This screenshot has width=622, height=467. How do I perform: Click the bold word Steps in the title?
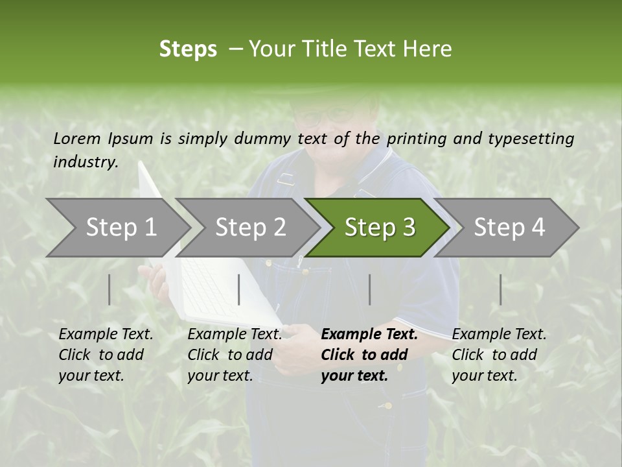click(x=188, y=49)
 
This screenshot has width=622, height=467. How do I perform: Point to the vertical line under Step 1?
click(x=109, y=289)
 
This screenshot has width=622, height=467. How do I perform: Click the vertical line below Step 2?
click(x=239, y=289)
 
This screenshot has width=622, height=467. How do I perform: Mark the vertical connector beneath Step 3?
click(x=370, y=289)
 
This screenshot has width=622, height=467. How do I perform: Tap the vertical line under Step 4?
click(x=501, y=289)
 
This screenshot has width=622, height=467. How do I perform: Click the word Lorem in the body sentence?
click(x=76, y=139)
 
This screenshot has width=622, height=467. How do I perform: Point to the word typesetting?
click(x=531, y=139)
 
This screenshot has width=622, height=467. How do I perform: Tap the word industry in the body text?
click(x=86, y=162)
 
